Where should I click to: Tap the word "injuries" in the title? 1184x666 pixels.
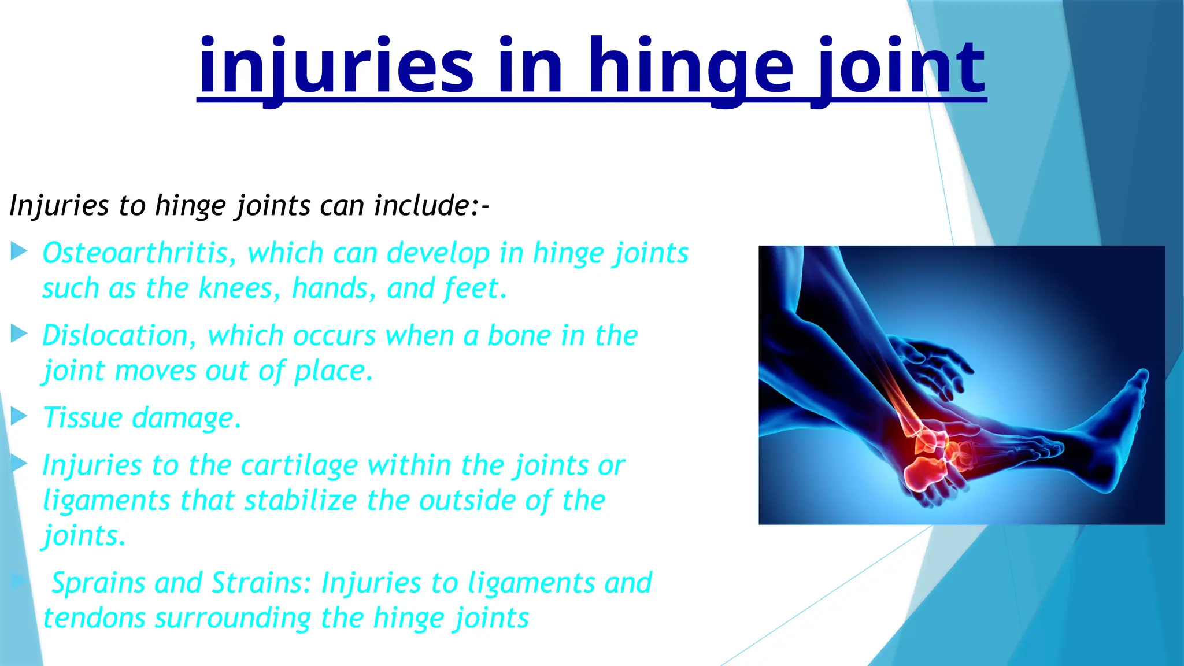[335, 69]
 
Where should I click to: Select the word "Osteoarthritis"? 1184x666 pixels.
[139, 253]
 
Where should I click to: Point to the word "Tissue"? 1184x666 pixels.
[82, 417]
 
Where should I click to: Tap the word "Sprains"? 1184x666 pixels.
[98, 583]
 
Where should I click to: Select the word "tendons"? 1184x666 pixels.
[94, 618]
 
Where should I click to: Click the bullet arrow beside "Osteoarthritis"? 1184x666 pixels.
[19, 251]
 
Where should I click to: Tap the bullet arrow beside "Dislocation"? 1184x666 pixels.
[19, 334]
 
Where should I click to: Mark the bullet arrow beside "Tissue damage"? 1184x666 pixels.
[19, 416]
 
